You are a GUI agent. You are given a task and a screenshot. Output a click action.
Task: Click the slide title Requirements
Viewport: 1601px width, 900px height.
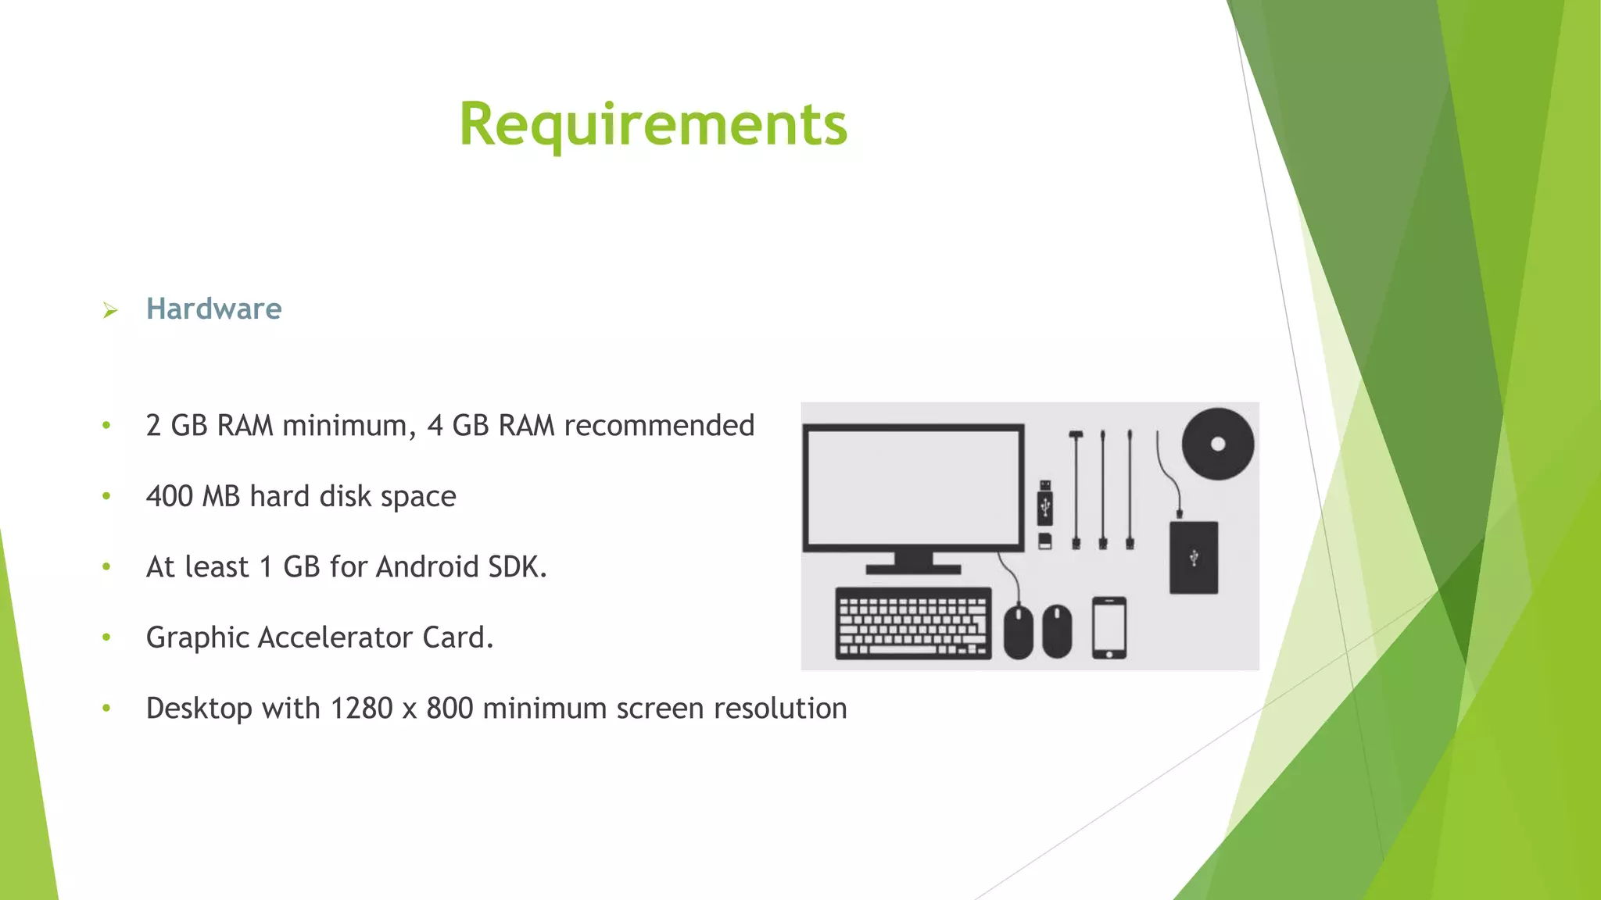pos(653,125)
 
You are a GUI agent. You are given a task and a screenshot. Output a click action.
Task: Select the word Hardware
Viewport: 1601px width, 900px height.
pos(213,309)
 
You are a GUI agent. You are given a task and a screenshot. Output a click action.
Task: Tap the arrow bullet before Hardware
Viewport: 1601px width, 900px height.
pos(110,311)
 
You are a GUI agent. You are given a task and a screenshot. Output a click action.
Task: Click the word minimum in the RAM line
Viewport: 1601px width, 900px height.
pos(345,427)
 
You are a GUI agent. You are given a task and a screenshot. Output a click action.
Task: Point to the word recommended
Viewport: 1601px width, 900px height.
pos(658,427)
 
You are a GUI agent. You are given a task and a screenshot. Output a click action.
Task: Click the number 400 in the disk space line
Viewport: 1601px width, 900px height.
pos(169,497)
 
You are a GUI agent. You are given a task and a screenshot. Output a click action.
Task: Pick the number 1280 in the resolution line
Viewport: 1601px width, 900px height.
pos(361,709)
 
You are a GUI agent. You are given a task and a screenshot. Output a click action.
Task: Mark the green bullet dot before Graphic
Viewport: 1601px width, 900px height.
pos(106,637)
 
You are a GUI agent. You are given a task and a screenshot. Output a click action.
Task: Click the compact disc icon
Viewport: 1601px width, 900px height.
pos(1217,444)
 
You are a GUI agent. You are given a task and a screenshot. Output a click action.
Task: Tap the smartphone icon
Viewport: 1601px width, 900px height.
pos(1109,627)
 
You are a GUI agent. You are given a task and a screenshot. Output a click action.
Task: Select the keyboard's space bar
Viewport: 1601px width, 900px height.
pos(903,650)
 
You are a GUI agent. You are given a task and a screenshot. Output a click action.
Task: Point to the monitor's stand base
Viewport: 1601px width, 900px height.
pos(913,570)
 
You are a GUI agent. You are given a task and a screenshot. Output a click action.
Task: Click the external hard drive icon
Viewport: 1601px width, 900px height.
pos(1193,557)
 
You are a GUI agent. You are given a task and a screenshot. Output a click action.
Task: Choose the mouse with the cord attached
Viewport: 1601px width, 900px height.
pos(1018,631)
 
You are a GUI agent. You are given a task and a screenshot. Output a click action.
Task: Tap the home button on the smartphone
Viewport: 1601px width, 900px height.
pos(1109,654)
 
